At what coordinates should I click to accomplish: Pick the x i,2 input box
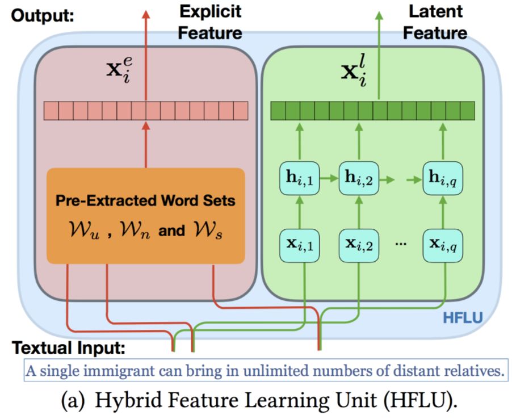358,244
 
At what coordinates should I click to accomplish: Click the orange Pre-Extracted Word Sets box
145,216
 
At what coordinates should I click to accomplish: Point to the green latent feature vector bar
372,110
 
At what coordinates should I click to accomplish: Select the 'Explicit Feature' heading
210,22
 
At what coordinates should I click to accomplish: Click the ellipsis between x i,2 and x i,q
401,244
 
